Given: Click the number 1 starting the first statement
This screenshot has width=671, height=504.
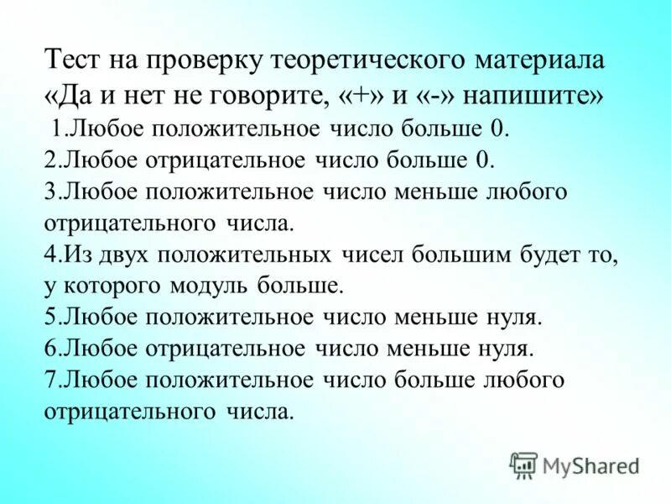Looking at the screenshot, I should pyautogui.click(x=56, y=129).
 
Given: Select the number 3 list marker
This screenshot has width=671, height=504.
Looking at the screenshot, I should pyautogui.click(x=49, y=192).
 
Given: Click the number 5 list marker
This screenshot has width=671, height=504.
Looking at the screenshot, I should pyautogui.click(x=49, y=318).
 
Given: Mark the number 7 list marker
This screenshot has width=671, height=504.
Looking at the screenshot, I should pyautogui.click(x=49, y=381).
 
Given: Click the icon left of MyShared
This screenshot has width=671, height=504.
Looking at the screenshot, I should pyautogui.click(x=523, y=464).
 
